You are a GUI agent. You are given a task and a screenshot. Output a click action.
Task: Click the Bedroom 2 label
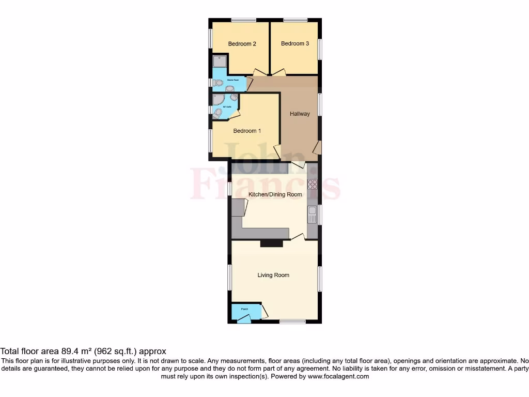coord(242,44)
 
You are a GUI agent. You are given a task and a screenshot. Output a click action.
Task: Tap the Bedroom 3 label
coord(295,44)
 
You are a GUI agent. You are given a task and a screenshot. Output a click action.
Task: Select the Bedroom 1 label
coord(247,131)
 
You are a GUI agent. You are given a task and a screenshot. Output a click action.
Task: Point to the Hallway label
coord(300,114)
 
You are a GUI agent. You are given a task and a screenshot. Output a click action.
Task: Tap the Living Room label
coord(273,275)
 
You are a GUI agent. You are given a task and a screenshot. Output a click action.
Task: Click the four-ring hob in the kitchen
coord(312,185)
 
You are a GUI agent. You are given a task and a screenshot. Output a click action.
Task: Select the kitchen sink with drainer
coord(312,214)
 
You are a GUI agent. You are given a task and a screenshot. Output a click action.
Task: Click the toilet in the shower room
coord(219,83)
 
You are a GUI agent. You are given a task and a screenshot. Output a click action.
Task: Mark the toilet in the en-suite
coord(218,112)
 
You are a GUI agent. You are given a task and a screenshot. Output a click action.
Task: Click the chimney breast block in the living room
coord(268,243)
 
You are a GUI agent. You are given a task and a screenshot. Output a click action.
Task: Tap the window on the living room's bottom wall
coord(292,322)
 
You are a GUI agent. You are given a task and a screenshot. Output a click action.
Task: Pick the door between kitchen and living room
coord(297,237)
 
